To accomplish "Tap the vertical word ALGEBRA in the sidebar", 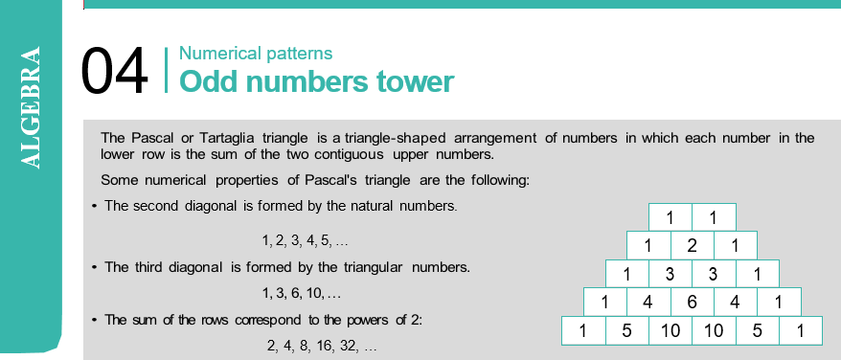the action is [x=30, y=107].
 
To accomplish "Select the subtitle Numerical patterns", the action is [x=256, y=54].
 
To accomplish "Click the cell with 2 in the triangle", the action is [x=692, y=245].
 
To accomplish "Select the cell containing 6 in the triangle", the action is [x=692, y=302].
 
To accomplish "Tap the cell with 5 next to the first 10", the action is [x=627, y=330].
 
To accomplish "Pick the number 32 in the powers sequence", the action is [x=348, y=346].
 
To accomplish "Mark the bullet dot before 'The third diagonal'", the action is [x=94, y=267].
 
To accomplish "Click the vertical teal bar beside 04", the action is [x=167, y=70].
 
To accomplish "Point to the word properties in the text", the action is [x=247, y=180].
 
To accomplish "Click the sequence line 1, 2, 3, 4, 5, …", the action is [x=306, y=241].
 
